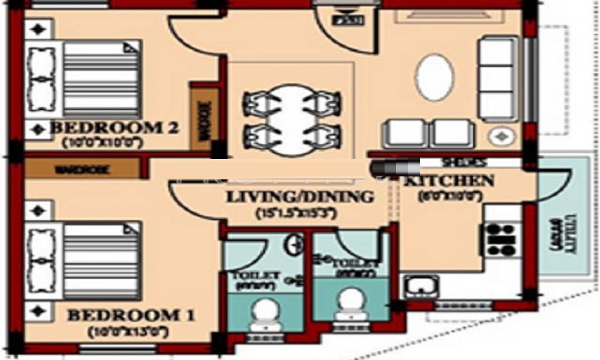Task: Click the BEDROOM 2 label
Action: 114,127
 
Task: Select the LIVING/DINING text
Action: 299,197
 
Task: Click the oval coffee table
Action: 434,77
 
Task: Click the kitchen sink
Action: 422,286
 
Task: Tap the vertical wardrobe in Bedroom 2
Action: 201,117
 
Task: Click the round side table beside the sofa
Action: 500,136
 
